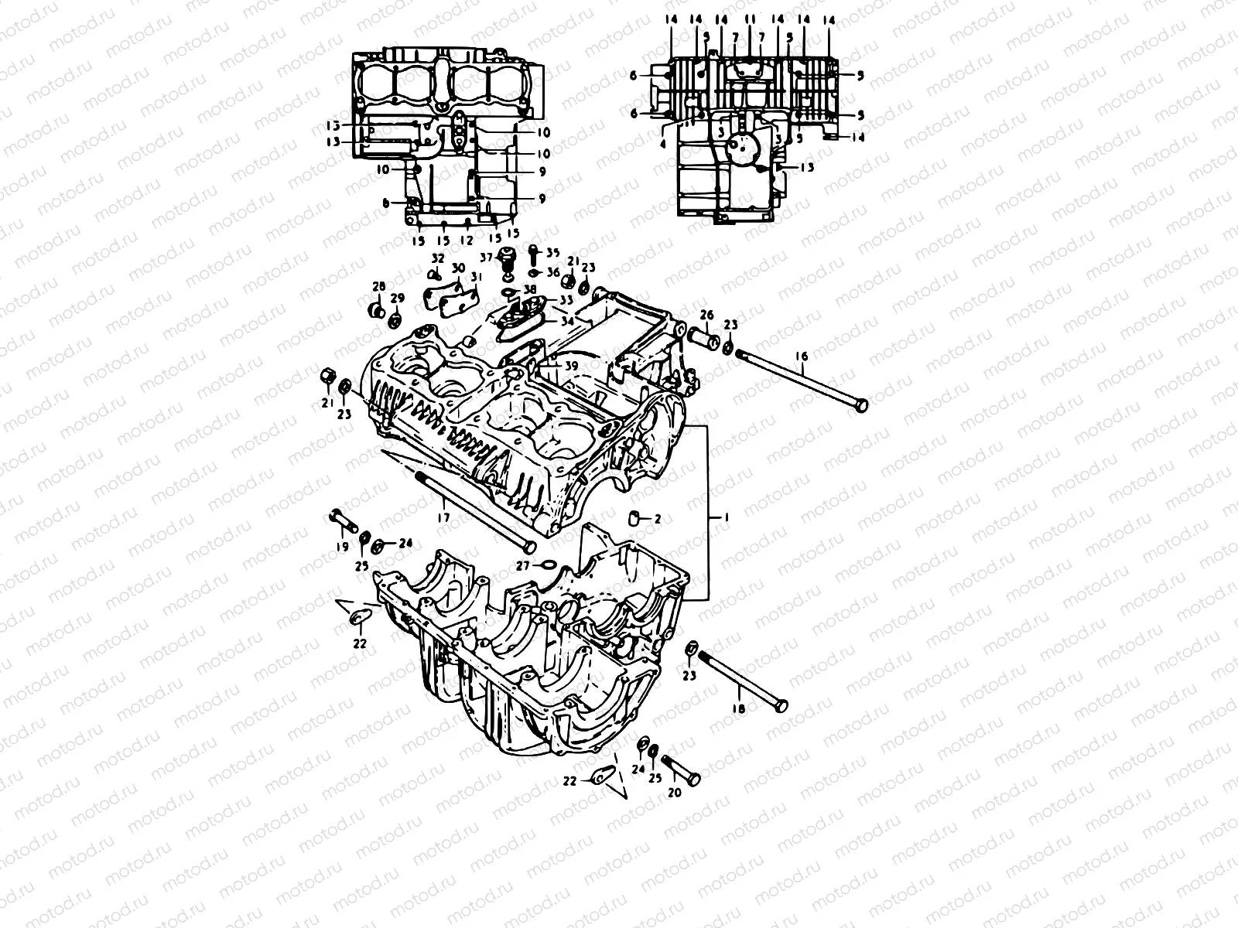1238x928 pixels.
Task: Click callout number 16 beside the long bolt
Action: coord(802,356)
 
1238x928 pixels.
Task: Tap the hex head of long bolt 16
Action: coord(860,404)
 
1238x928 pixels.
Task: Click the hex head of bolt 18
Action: coord(781,705)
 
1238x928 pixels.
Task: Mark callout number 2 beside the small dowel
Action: coord(658,520)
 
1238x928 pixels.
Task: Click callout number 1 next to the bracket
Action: coord(726,516)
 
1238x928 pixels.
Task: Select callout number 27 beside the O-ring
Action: coord(523,566)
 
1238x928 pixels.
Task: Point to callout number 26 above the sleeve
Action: coord(706,314)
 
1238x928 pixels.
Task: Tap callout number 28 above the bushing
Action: coord(378,287)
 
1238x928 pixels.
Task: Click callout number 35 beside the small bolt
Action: coord(552,252)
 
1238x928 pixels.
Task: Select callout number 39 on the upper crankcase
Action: coord(571,365)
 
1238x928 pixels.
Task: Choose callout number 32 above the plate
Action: coord(438,258)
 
